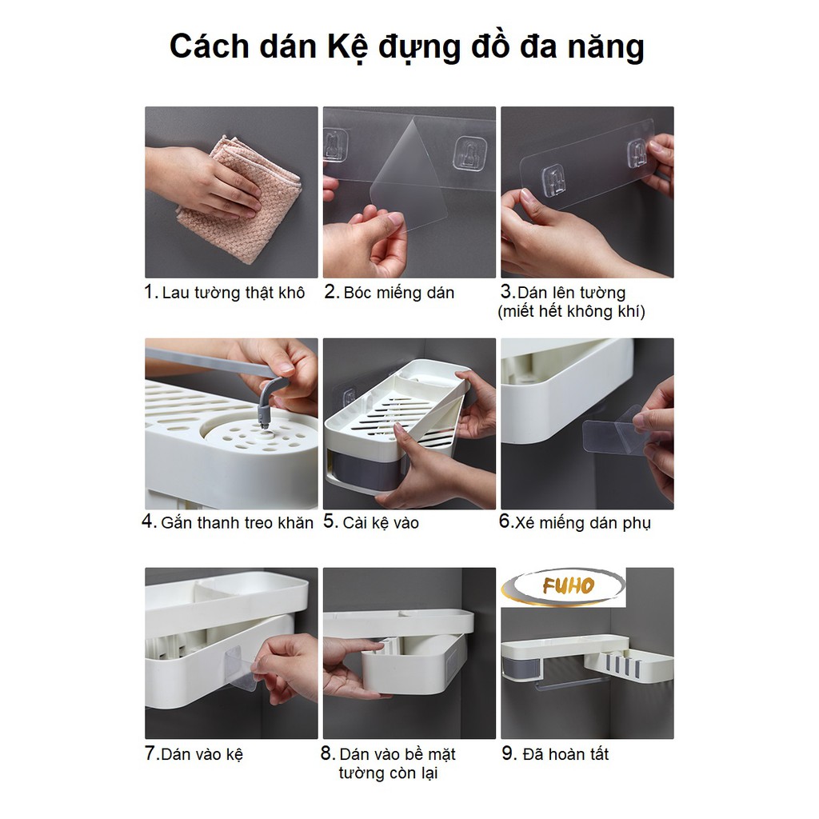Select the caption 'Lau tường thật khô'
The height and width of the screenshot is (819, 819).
click(233, 293)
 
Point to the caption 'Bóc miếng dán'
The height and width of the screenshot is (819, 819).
click(398, 293)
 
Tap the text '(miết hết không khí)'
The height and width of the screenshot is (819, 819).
click(571, 311)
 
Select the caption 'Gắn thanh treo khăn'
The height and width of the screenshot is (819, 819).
click(237, 522)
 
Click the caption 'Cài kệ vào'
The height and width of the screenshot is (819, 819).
click(381, 522)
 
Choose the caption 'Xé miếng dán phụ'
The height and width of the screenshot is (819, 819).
click(583, 523)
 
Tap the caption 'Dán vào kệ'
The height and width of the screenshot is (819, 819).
click(202, 754)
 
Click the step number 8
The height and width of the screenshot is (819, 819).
click(327, 753)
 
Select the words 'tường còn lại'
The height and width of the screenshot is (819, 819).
click(388, 773)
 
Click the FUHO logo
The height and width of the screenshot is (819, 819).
click(563, 586)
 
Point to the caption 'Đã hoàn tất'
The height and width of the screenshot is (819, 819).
click(565, 754)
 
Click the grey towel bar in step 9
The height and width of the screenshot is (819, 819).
click(571, 683)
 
